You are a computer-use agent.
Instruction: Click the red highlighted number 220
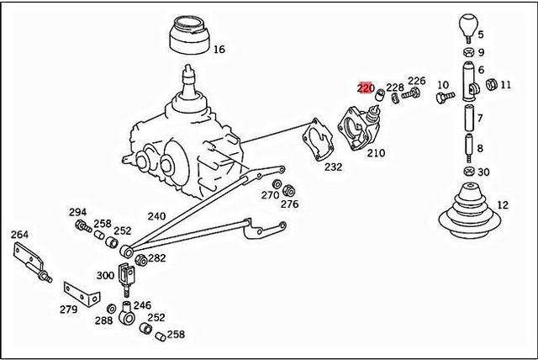(x=365, y=87)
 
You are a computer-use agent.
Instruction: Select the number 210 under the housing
(x=375, y=153)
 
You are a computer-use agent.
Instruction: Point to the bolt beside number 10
(x=441, y=98)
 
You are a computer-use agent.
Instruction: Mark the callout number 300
(x=106, y=275)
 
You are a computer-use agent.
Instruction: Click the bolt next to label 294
(x=82, y=226)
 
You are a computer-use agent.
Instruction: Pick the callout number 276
(x=290, y=204)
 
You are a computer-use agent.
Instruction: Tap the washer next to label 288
(x=112, y=308)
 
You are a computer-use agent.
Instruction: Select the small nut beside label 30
(x=469, y=172)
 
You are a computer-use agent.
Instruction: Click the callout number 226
(x=417, y=82)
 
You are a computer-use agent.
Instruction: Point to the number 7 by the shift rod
(x=480, y=119)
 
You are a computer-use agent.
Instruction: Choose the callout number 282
(x=157, y=258)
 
